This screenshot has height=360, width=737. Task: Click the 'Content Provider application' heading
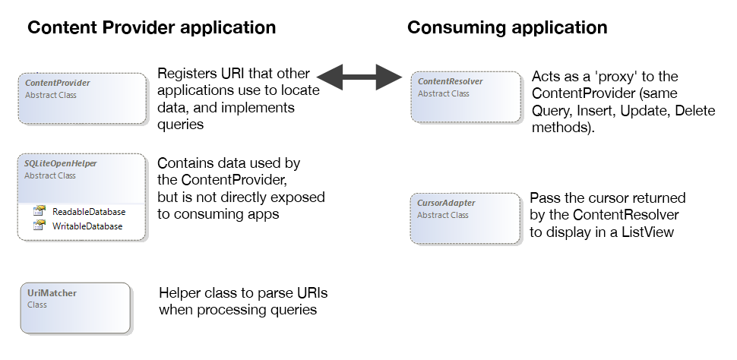point(151,28)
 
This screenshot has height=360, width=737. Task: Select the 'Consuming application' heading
point(508,28)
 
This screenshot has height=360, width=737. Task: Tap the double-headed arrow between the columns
point(359,75)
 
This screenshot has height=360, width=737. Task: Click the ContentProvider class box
point(82,98)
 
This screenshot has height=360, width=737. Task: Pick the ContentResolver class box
point(465,97)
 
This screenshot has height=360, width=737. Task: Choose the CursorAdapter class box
point(465,218)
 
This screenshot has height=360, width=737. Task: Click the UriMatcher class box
point(76,308)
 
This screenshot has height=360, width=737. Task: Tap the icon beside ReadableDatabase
point(40,212)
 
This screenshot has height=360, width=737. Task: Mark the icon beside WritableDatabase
point(40,226)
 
